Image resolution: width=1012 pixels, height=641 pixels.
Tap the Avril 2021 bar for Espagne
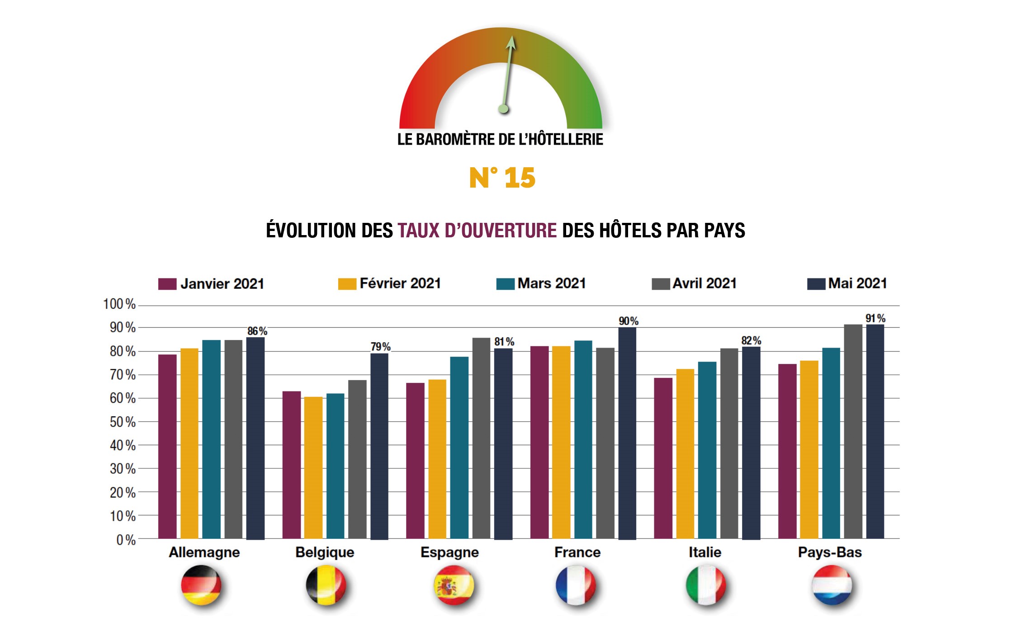(481, 438)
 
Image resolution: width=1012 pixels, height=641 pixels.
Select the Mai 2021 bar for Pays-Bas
(875, 431)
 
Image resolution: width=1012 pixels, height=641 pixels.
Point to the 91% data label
(875, 318)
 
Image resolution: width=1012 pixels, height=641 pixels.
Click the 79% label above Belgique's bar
(380, 347)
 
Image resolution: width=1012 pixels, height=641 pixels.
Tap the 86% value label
(257, 331)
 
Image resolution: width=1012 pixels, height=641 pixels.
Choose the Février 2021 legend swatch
(347, 284)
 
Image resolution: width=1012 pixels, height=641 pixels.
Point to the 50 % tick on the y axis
(123, 422)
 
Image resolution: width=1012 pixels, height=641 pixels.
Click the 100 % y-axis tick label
(119, 304)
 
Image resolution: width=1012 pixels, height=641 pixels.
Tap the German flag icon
(201, 585)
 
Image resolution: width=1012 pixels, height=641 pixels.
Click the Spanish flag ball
(454, 585)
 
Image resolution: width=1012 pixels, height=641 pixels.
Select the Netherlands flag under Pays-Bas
(832, 585)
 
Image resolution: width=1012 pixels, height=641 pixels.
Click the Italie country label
(705, 552)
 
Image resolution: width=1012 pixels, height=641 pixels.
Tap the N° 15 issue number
(502, 178)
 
